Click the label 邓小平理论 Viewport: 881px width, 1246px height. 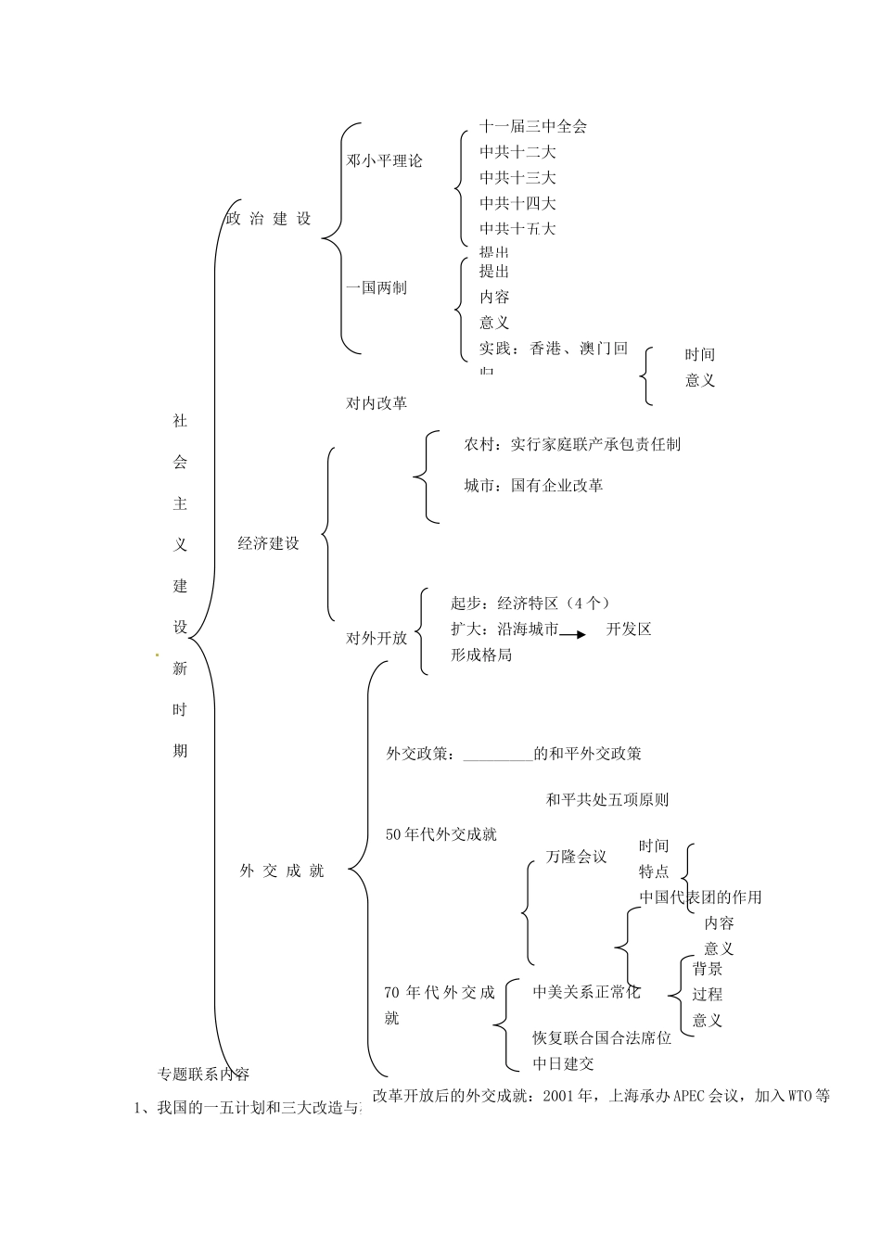tap(384, 160)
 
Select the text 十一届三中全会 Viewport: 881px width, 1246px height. tap(533, 126)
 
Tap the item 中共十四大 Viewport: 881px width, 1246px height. tap(517, 203)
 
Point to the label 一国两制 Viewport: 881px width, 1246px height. tap(377, 287)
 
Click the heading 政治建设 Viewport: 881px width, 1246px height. tap(269, 219)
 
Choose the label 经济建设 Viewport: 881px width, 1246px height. tap(269, 543)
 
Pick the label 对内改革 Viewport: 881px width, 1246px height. tap(377, 402)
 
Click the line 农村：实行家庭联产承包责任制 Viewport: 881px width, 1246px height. tap(572, 444)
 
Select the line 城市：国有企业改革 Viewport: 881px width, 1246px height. tap(533, 485)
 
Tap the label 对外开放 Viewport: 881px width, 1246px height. tap(377, 638)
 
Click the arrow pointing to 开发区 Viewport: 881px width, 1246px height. tap(573, 634)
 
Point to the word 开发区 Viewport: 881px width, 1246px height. tap(629, 629)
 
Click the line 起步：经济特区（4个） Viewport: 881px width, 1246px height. tap(530, 603)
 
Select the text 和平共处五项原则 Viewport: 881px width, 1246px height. tap(607, 799)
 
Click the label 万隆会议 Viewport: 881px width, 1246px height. tap(576, 857)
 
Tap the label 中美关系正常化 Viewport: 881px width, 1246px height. tap(586, 992)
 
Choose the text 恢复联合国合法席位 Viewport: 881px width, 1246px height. tap(602, 1037)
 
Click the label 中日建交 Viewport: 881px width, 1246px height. tap(563, 1063)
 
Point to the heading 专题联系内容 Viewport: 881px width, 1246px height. tap(203, 1074)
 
